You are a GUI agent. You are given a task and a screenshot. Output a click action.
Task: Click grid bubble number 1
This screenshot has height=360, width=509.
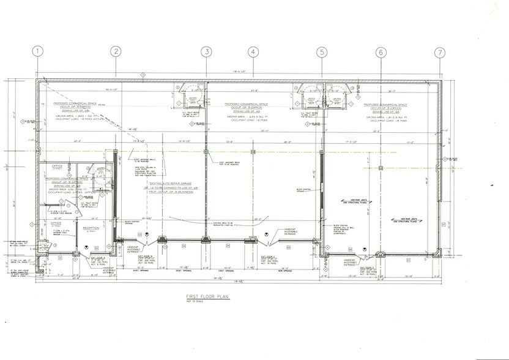click(39, 52)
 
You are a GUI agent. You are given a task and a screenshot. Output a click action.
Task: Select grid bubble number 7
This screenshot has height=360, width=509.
click(439, 52)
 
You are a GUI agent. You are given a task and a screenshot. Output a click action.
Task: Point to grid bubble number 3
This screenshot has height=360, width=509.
click(207, 52)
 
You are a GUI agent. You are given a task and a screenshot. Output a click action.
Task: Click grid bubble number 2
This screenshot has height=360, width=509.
click(115, 52)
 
